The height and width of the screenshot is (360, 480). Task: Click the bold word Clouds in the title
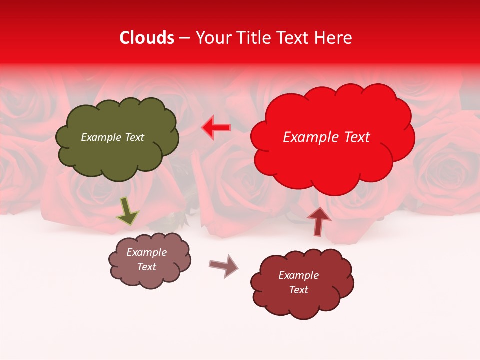pyautogui.click(x=147, y=38)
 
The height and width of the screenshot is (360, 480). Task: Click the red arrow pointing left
pyautogui.click(x=216, y=128)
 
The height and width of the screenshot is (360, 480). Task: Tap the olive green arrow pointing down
pyautogui.click(x=127, y=211)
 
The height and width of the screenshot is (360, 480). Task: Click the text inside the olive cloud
pyautogui.click(x=112, y=137)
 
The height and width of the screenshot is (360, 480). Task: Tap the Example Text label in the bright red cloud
pyautogui.click(x=326, y=137)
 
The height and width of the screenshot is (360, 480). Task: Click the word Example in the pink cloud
pyautogui.click(x=146, y=252)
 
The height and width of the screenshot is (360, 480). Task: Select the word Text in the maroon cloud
pyautogui.click(x=298, y=290)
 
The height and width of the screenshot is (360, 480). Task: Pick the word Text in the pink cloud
pyautogui.click(x=146, y=267)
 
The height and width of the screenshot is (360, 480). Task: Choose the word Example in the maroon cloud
pyautogui.click(x=298, y=275)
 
